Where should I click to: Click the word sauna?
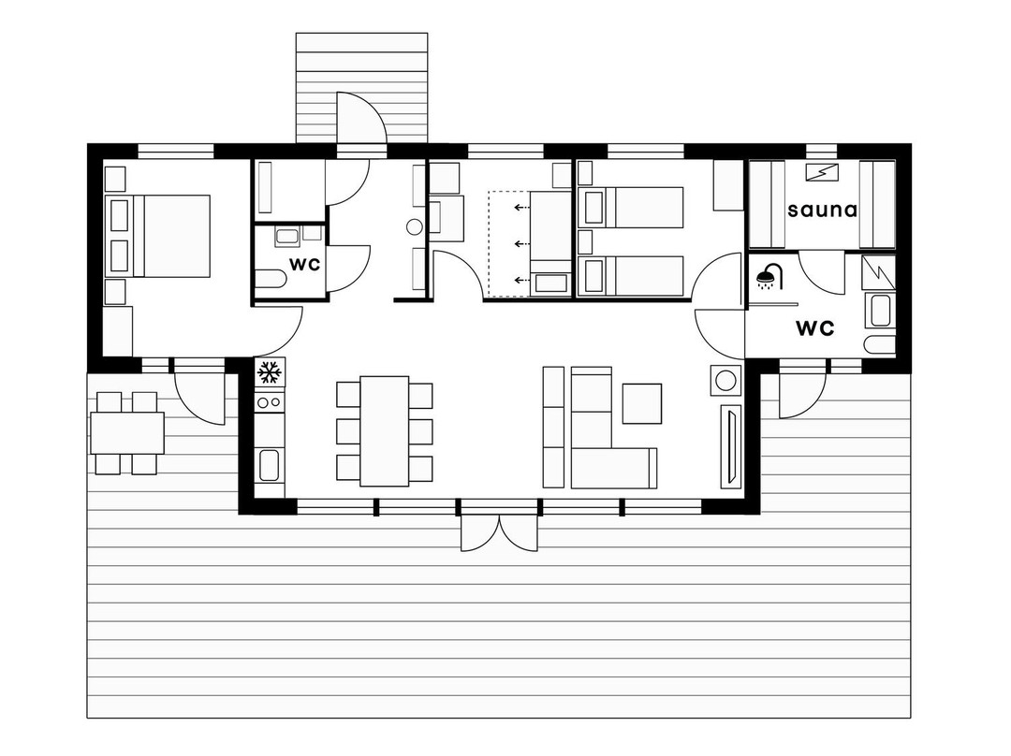[x=822, y=211]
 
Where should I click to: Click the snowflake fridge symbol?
[x=270, y=373]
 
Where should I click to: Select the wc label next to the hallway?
[x=304, y=265]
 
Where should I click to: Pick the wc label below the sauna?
[x=815, y=328]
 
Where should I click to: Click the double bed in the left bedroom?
[x=170, y=236]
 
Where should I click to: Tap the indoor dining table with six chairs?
[x=385, y=431]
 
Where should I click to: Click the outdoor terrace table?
[x=127, y=433]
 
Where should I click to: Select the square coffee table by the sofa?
[x=641, y=403]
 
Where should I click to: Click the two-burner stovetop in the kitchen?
[x=270, y=402]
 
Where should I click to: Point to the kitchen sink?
[x=269, y=465]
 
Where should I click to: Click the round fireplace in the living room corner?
[x=726, y=379]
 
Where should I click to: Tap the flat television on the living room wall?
[x=730, y=444]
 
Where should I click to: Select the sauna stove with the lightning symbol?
[x=822, y=173]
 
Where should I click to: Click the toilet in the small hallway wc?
[x=271, y=280]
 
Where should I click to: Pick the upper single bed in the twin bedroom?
[x=631, y=208]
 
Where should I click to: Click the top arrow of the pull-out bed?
[x=521, y=208]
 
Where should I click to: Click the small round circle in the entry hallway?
[x=415, y=226]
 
